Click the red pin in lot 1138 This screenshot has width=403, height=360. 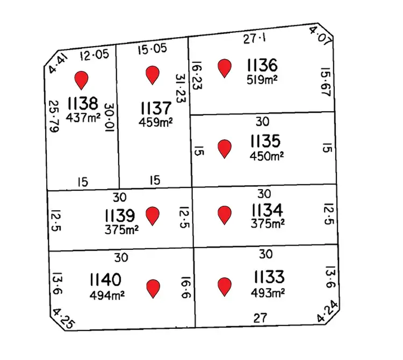click(x=81, y=80)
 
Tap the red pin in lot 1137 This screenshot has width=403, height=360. click(x=153, y=75)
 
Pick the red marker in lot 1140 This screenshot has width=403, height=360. click(x=154, y=288)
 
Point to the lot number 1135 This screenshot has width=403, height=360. click(x=265, y=142)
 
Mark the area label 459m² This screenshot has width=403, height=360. click(x=155, y=122)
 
